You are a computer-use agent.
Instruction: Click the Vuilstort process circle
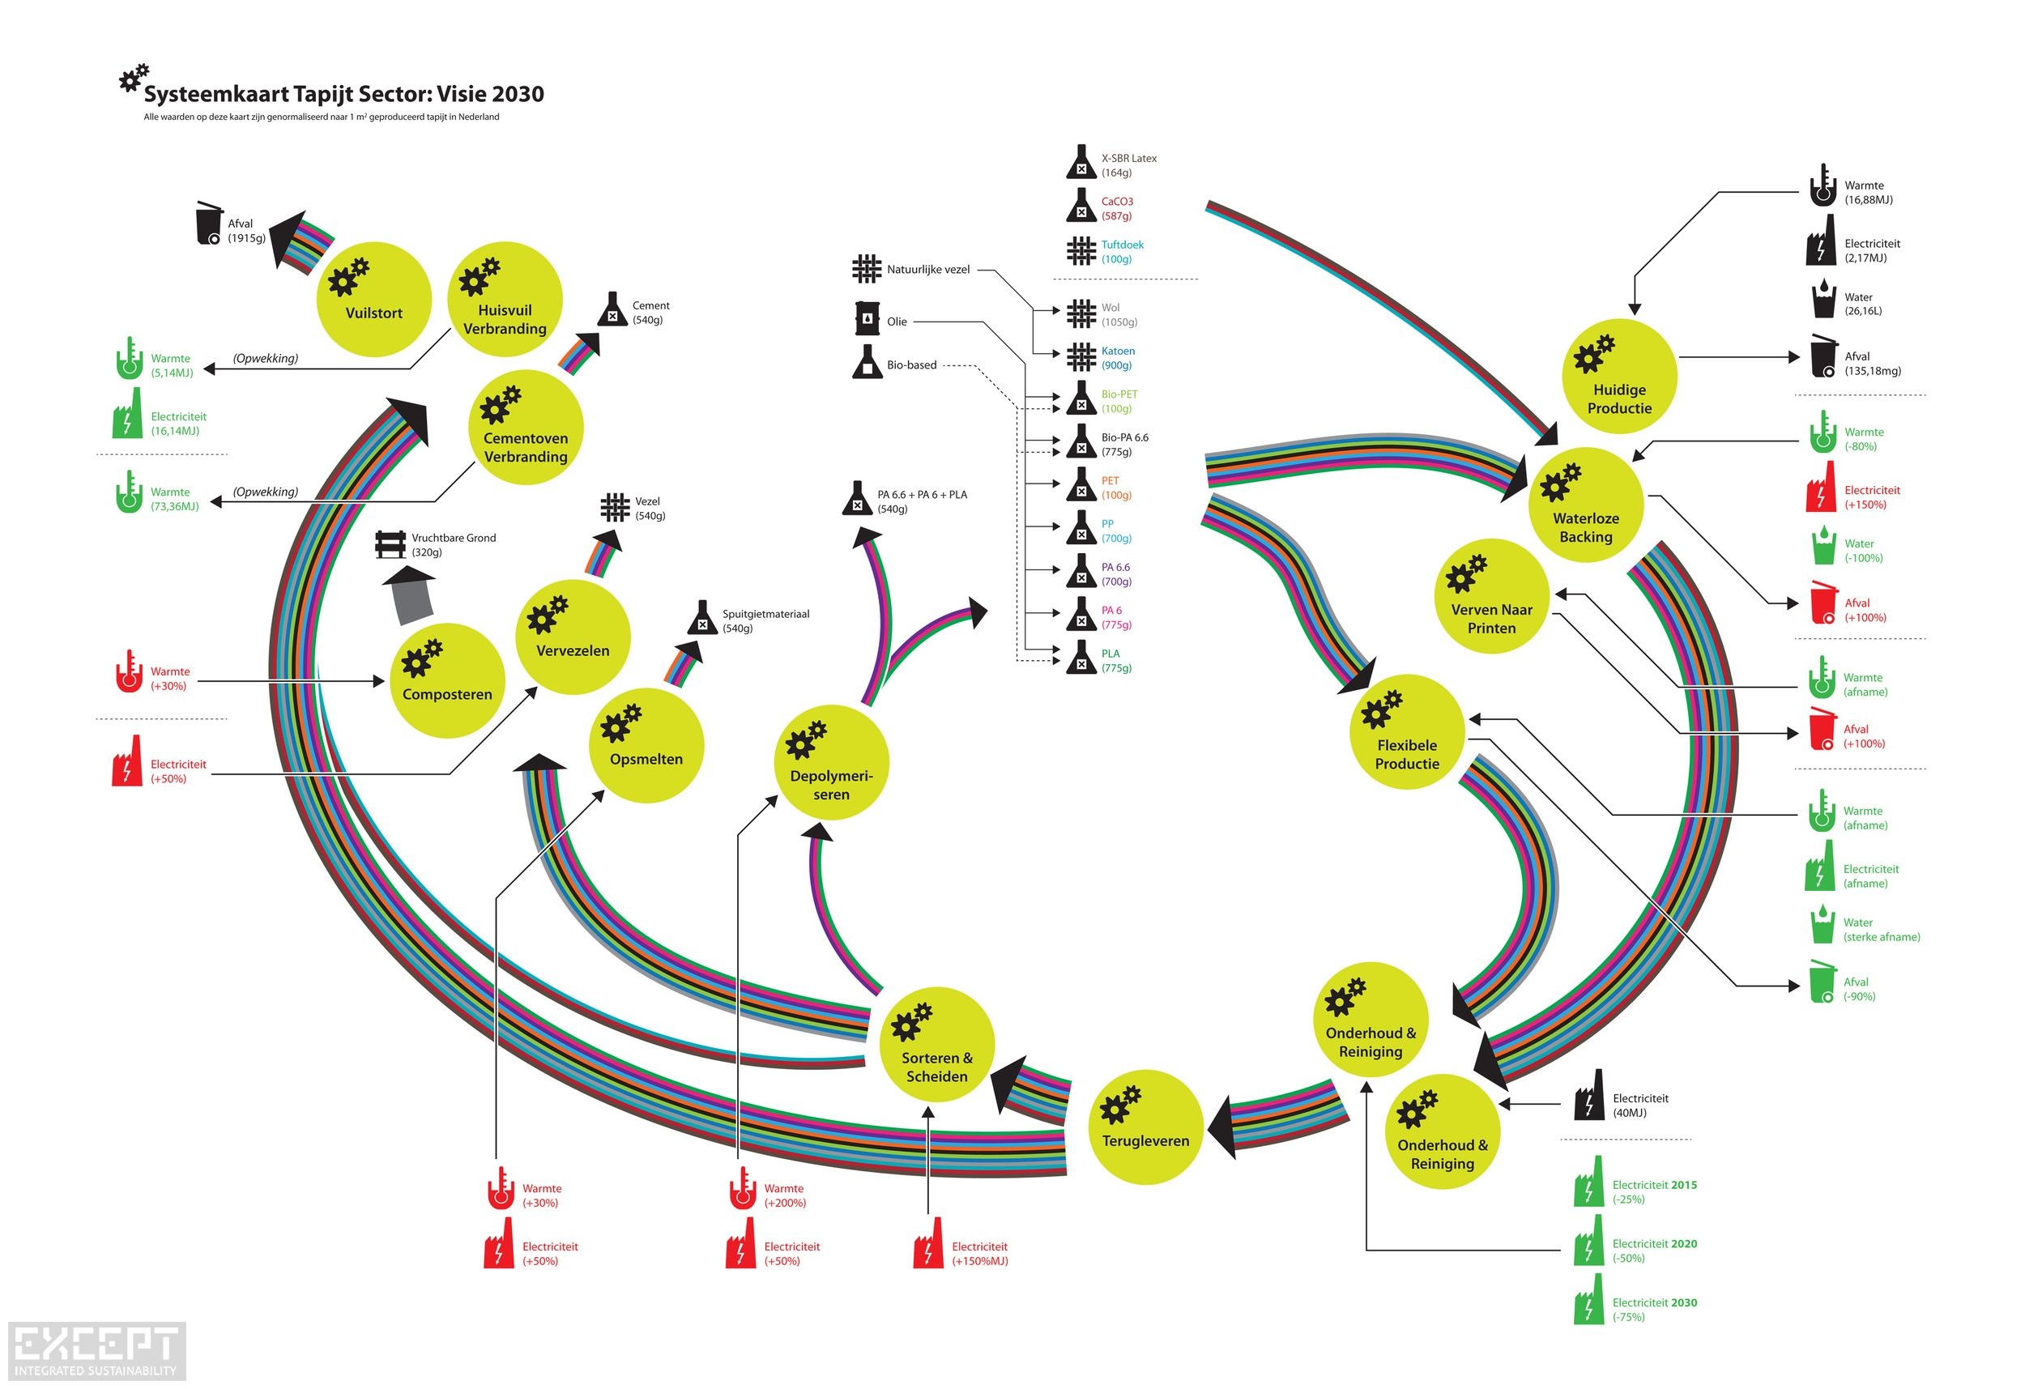(373, 299)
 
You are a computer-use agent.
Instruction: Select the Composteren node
(447, 680)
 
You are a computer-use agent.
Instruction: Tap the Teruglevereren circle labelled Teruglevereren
(1146, 1127)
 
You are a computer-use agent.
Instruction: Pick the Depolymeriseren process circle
(831, 762)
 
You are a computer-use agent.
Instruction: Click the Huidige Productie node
(1619, 377)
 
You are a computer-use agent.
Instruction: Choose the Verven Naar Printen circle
(1491, 596)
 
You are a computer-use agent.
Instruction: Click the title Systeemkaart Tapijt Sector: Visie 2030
(343, 94)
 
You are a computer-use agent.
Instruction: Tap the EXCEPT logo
(96, 1349)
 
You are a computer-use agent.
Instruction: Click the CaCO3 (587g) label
(1117, 208)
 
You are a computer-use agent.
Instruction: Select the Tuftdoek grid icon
(1081, 251)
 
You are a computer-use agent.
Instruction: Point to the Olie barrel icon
(866, 319)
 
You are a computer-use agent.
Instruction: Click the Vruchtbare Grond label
(453, 544)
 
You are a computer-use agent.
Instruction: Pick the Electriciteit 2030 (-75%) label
(1654, 1309)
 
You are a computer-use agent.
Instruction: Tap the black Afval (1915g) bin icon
(209, 224)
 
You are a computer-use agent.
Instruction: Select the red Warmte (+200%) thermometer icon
(741, 1189)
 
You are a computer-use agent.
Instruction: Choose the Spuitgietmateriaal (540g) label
(765, 620)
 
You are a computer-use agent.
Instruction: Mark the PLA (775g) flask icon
(1081, 658)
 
